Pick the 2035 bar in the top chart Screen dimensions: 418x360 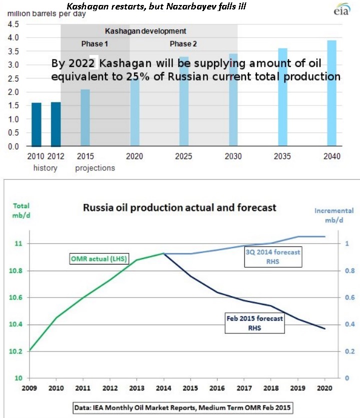click(x=282, y=97)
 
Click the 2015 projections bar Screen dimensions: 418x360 click(x=85, y=118)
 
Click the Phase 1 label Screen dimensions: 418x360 click(x=95, y=44)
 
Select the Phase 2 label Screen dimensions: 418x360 click(x=183, y=44)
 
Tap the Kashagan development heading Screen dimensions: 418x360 click(x=148, y=31)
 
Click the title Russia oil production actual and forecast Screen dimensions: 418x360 click(x=179, y=207)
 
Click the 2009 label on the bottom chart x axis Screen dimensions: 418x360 click(x=30, y=387)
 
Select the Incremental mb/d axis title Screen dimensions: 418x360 click(x=333, y=215)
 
